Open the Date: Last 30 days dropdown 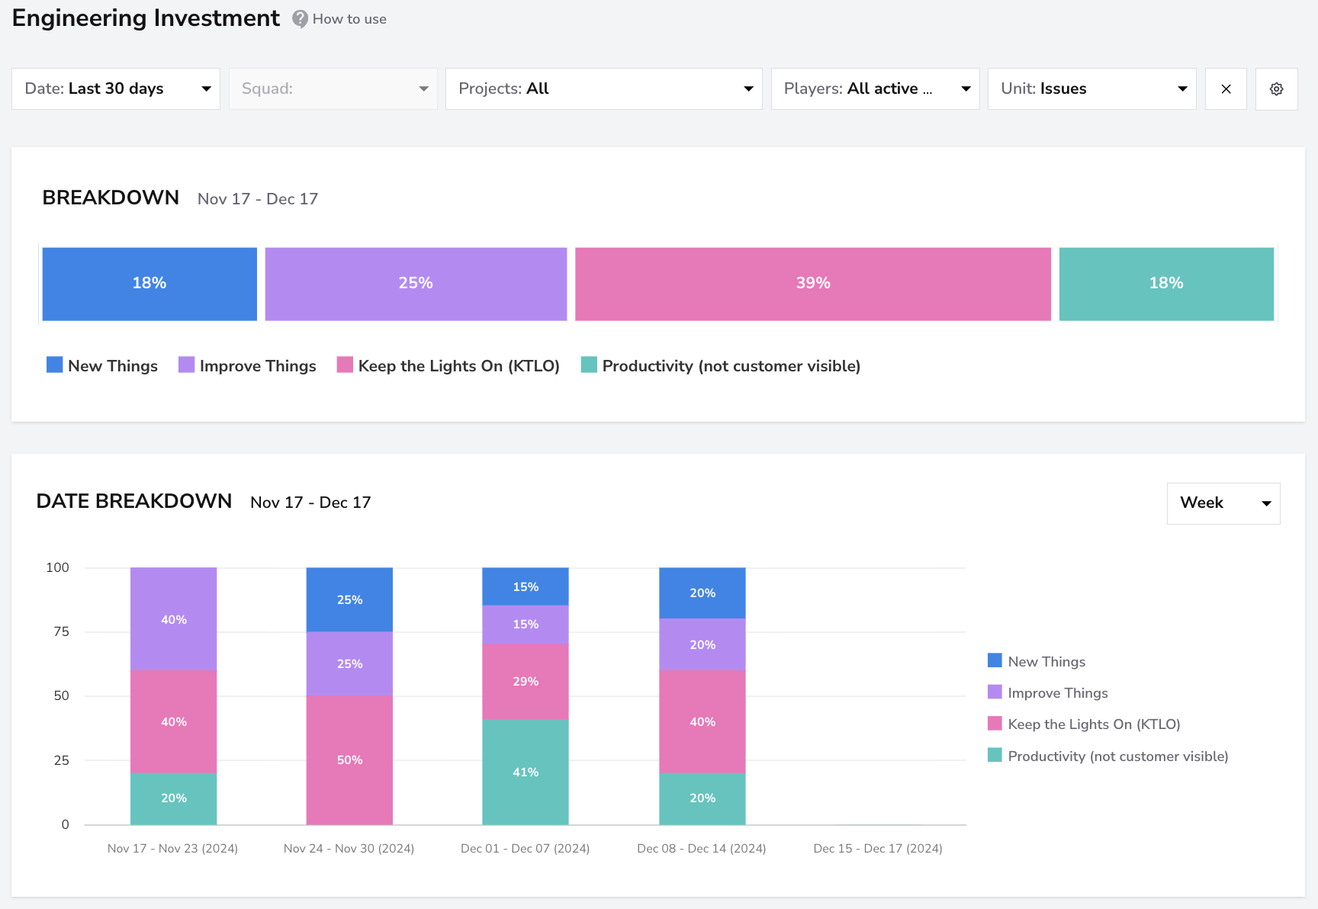[x=116, y=88]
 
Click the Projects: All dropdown [x=604, y=88]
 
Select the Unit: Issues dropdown [x=1092, y=88]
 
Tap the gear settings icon [x=1277, y=89]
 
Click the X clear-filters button [x=1226, y=89]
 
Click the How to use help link [x=339, y=19]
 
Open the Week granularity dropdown [x=1223, y=503]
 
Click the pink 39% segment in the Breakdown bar [x=813, y=284]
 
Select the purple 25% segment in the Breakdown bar [x=416, y=284]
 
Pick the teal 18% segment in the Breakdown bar [x=1166, y=284]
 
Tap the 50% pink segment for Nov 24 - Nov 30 [x=349, y=760]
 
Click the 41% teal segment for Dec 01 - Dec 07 [x=526, y=772]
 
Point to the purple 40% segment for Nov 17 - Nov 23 [x=174, y=619]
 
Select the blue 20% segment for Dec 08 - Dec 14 [x=702, y=593]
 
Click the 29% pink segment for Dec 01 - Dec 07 [x=526, y=681]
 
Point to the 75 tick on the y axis [x=61, y=631]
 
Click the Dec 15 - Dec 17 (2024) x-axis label [x=878, y=848]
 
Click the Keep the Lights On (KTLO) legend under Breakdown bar [x=448, y=366]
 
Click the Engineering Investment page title [x=146, y=18]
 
